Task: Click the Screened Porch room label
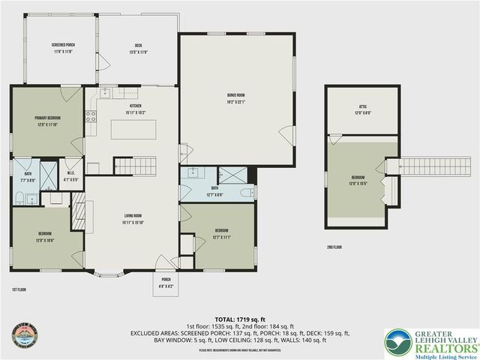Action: (62, 49)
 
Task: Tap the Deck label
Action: (137, 49)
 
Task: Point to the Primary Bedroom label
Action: (47, 121)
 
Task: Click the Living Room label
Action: (133, 219)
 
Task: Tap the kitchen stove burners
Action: (90, 116)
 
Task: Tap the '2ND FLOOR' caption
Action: (335, 247)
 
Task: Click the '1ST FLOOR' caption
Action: (20, 289)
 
